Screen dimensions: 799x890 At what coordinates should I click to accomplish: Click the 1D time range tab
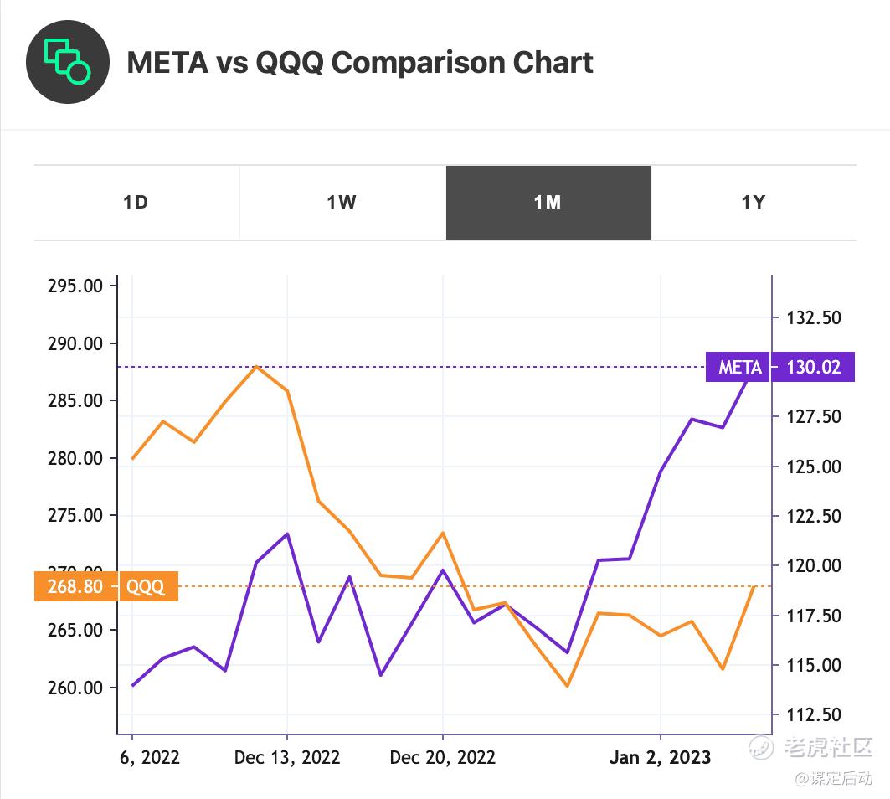point(136,203)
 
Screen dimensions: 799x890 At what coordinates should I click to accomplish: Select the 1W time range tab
point(342,203)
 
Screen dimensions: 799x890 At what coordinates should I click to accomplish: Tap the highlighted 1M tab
point(548,203)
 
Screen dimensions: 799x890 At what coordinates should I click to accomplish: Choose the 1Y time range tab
point(753,203)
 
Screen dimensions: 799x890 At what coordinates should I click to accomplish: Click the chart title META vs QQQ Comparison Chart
point(360,63)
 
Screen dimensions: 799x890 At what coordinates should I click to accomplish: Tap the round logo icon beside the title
point(68,63)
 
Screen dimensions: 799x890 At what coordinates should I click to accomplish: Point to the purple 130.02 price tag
point(813,367)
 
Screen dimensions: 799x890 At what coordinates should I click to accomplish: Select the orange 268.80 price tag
point(75,586)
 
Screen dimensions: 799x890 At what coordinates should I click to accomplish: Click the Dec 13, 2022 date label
point(287,757)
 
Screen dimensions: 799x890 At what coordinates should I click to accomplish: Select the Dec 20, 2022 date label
point(443,757)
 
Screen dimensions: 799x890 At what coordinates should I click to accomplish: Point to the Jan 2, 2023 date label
point(660,757)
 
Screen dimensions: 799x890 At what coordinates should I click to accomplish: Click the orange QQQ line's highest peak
point(256,366)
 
